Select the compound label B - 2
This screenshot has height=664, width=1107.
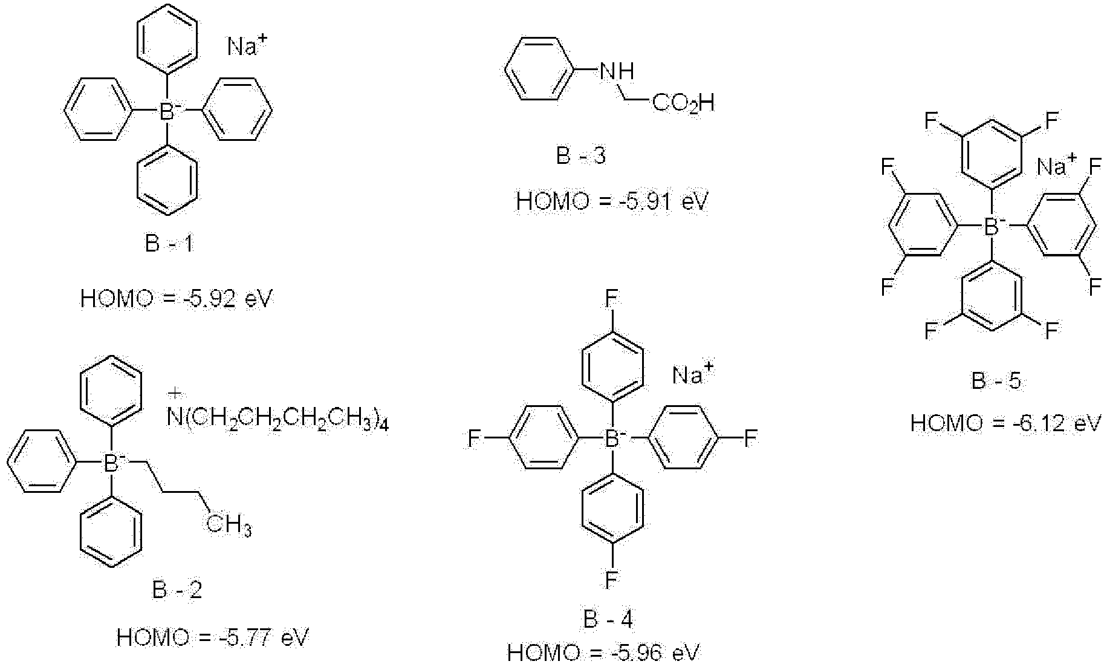point(177,589)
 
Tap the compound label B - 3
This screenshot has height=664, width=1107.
point(580,156)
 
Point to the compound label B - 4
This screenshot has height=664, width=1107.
point(609,619)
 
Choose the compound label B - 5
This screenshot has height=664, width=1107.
point(996,381)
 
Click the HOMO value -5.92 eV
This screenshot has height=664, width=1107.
point(177,299)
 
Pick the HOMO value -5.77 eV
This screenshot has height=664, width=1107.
point(213,637)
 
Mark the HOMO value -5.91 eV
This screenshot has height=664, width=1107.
point(612,201)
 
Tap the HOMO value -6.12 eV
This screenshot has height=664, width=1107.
point(1007,423)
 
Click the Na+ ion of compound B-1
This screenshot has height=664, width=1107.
point(248,46)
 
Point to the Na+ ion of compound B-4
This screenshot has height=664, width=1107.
point(693,375)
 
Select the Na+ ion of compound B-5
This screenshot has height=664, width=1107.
point(1057,165)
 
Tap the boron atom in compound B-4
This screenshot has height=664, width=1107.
point(612,438)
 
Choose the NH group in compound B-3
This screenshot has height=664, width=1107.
point(616,72)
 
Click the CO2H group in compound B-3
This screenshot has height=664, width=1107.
point(683,104)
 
